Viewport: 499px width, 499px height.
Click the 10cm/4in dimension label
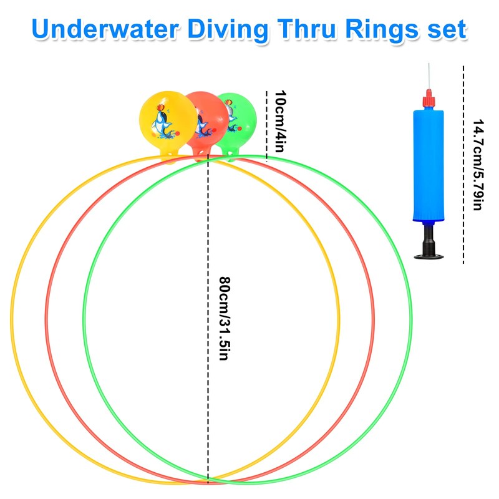pos(280,122)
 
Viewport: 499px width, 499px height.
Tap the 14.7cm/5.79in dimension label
pos(477,165)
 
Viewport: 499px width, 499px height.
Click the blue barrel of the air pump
pos(427,166)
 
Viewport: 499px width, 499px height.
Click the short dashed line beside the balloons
pos(267,125)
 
